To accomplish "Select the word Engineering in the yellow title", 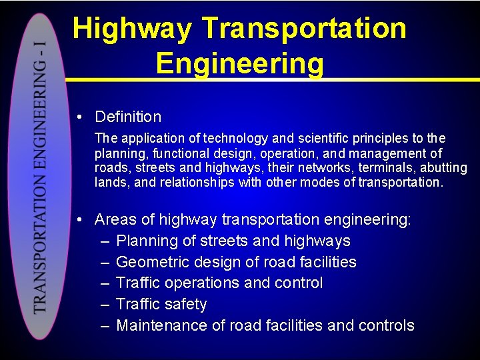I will (x=240, y=64).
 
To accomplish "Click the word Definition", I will (x=128, y=117).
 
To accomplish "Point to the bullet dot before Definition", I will (x=79, y=117).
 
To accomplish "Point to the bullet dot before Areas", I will (x=79, y=220).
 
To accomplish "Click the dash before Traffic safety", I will (x=105, y=304).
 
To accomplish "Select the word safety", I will (x=185, y=305).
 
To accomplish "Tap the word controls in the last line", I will (x=386, y=325).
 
